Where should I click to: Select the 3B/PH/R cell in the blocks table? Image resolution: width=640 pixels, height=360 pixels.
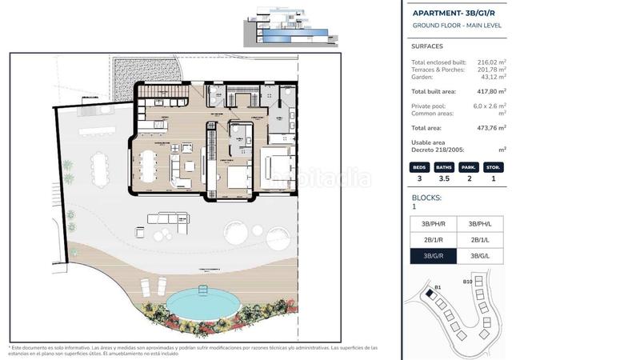click(x=433, y=223)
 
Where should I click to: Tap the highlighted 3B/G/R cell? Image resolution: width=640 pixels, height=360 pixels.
click(x=433, y=256)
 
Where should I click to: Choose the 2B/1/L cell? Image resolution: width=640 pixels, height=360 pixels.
click(x=480, y=240)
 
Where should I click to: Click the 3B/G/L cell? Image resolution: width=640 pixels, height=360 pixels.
click(x=480, y=256)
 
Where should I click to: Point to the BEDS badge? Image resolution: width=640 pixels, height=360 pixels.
click(x=419, y=168)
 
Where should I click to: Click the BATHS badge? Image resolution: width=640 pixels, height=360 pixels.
click(x=444, y=168)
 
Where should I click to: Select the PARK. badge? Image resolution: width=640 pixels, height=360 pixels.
click(x=469, y=168)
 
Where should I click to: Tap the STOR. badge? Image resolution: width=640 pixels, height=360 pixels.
click(x=494, y=168)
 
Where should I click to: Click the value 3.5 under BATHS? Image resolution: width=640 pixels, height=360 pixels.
click(x=444, y=178)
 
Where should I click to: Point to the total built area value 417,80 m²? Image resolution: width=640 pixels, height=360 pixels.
click(x=492, y=91)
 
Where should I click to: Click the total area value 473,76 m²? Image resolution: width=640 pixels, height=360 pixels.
click(x=492, y=127)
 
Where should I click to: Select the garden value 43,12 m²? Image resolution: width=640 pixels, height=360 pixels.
click(x=492, y=76)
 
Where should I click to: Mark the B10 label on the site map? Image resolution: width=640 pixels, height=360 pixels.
click(x=467, y=282)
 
